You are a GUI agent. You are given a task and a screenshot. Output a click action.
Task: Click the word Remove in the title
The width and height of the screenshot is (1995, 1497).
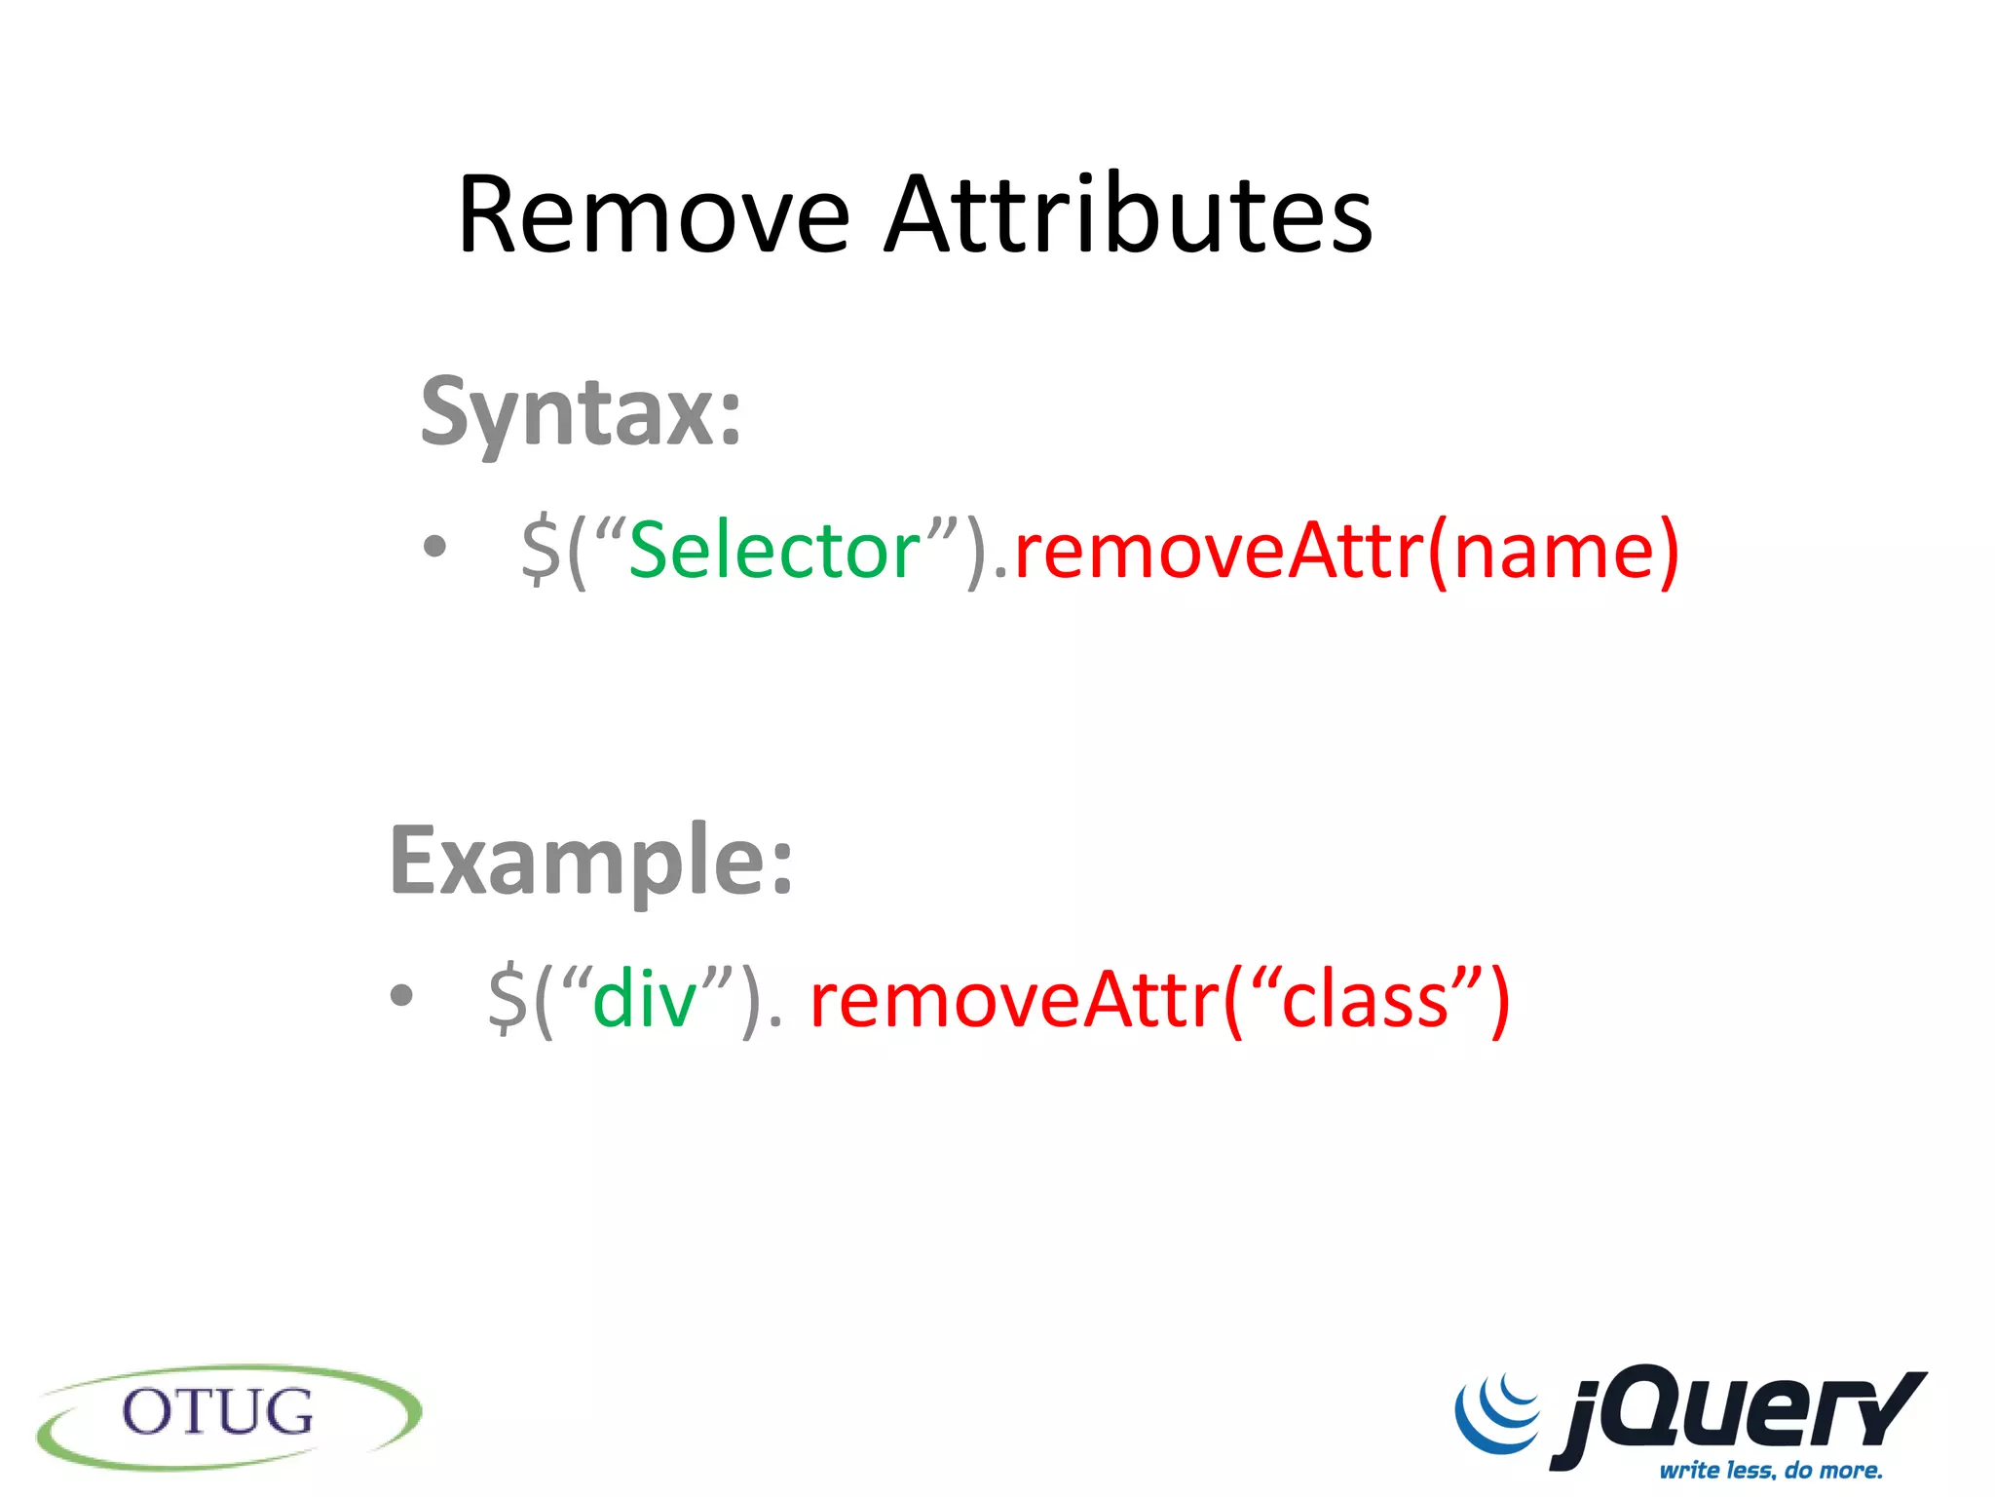[654, 215]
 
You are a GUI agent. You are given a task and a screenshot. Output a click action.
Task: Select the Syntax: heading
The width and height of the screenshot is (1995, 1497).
[582, 413]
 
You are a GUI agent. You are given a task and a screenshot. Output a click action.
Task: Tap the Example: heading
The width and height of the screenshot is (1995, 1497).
[591, 862]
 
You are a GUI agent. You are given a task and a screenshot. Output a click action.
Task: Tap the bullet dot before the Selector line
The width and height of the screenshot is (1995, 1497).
[434, 547]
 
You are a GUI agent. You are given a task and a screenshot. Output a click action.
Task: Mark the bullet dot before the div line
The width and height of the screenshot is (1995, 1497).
[401, 996]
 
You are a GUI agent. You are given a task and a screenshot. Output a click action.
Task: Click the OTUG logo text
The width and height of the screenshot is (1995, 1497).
[218, 1413]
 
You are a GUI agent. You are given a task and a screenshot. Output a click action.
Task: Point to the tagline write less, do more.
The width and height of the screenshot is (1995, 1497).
[1771, 1470]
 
